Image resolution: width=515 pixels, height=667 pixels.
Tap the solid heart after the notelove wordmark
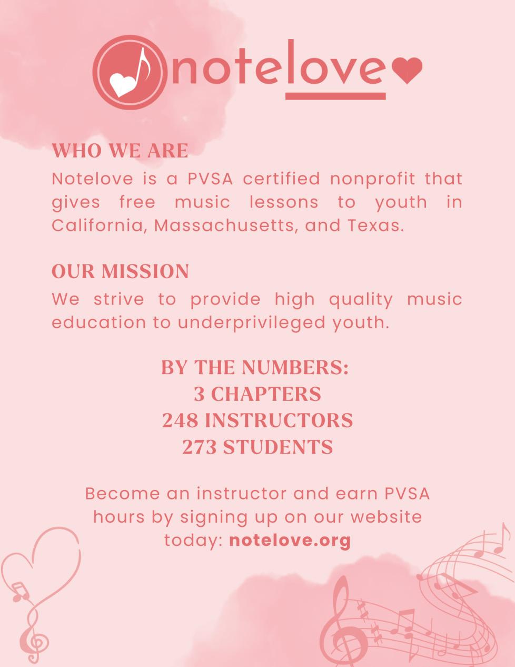pyautogui.click(x=408, y=71)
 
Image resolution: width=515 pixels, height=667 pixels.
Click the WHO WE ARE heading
pyautogui.click(x=120, y=151)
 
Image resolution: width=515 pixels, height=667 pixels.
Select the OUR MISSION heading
pyautogui.click(x=120, y=271)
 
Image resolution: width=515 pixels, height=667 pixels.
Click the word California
pyautogui.click(x=97, y=225)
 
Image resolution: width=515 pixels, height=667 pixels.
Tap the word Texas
pyautogui.click(x=375, y=225)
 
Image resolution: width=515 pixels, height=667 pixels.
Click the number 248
pyautogui.click(x=180, y=420)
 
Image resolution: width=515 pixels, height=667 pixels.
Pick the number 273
pyautogui.click(x=199, y=447)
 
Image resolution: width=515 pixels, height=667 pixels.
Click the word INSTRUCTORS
pyautogui.click(x=279, y=420)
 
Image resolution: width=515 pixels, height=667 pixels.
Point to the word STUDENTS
pyautogui.click(x=278, y=447)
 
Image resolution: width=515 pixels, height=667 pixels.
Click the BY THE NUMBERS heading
pyautogui.click(x=255, y=367)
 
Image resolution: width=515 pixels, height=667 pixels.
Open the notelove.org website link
pyautogui.click(x=290, y=540)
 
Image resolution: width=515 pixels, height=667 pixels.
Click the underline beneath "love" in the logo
pyautogui.click(x=335, y=96)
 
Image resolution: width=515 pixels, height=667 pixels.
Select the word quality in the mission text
pyautogui.click(x=361, y=299)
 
